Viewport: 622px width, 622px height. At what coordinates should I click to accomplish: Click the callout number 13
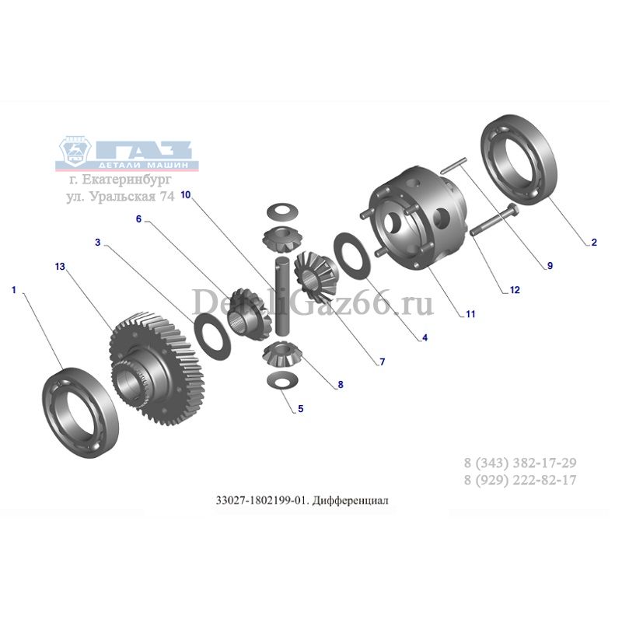coord(60,266)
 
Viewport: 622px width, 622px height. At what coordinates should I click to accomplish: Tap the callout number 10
coord(186,195)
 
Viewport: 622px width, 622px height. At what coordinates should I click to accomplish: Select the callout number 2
coord(594,242)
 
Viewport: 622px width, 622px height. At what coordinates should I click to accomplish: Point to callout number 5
coord(301,409)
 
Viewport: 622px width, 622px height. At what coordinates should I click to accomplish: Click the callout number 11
coord(470,314)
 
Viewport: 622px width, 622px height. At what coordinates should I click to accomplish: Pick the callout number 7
coord(383,362)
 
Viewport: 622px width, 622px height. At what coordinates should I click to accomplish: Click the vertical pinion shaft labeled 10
coord(282,297)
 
